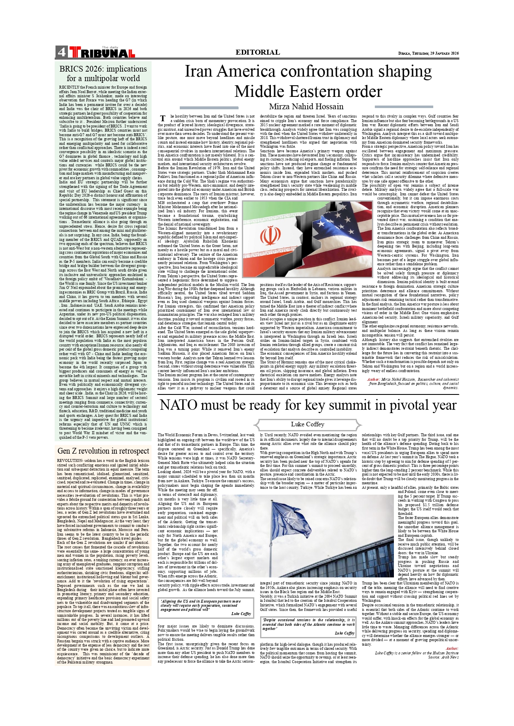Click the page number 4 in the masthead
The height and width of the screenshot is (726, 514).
coord(62,52)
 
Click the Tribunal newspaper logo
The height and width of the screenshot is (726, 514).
coord(102,53)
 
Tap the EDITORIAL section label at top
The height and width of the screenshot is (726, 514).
coord(258,52)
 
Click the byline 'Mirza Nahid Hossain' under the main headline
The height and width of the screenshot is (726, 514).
coord(306,106)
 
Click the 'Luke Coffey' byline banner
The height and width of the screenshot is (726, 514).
coord(307,424)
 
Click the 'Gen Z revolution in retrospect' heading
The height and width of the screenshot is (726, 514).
coord(103,451)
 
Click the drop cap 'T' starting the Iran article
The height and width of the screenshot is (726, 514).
coord(163,118)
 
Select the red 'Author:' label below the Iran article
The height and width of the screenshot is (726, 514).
coord(374,379)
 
